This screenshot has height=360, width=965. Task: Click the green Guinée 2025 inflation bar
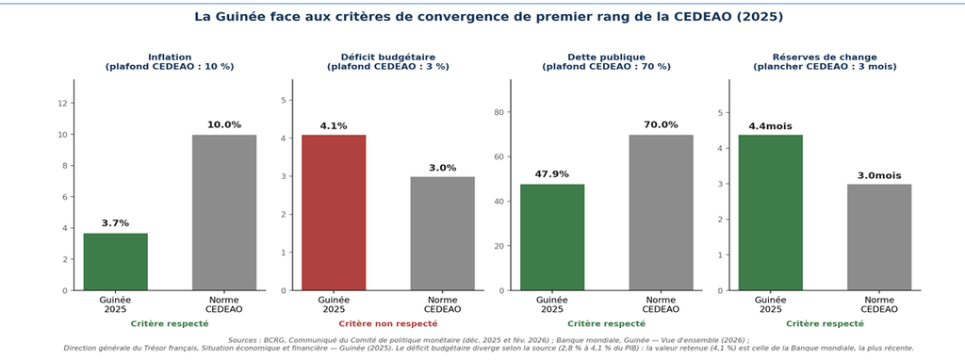point(116,262)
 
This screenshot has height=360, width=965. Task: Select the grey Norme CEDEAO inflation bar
point(224,212)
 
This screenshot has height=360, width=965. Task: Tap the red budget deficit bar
point(334,212)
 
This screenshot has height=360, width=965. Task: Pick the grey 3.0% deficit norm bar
point(443,233)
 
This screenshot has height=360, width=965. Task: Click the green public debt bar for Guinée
point(552,237)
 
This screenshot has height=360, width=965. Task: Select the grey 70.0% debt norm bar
point(661,212)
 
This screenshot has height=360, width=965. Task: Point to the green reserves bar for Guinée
point(771,212)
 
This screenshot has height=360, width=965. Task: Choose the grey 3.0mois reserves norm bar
point(879,237)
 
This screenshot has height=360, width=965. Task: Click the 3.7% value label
point(116,223)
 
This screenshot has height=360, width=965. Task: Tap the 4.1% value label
point(334,126)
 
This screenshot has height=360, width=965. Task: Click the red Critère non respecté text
point(388,323)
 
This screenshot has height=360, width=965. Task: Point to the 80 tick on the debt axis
point(499,112)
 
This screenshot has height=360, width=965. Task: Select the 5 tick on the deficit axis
point(283,100)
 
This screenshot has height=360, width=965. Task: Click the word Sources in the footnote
point(244,339)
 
